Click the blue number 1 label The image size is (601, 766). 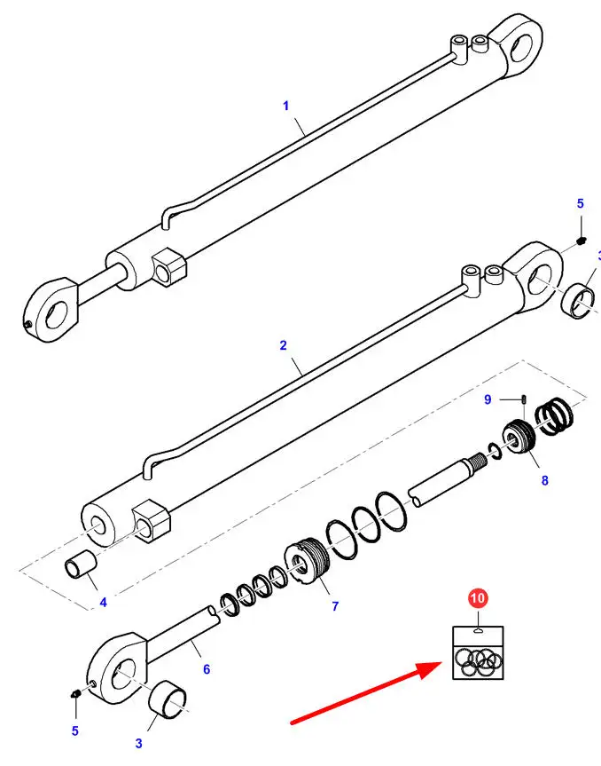(286, 106)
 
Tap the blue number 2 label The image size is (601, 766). (284, 345)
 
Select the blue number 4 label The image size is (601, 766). (103, 603)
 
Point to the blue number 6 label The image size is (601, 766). (207, 669)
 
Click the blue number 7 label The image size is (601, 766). (335, 606)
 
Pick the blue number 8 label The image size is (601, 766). (545, 481)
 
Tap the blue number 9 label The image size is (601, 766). (488, 399)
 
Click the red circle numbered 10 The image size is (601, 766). (478, 598)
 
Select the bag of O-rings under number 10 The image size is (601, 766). (478, 653)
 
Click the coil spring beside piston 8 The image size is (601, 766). (554, 418)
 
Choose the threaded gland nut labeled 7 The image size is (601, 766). (307, 560)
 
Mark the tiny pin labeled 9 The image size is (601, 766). (524, 399)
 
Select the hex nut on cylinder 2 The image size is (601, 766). (152, 521)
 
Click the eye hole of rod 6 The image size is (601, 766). (124, 674)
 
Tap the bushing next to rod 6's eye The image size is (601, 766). (168, 700)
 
